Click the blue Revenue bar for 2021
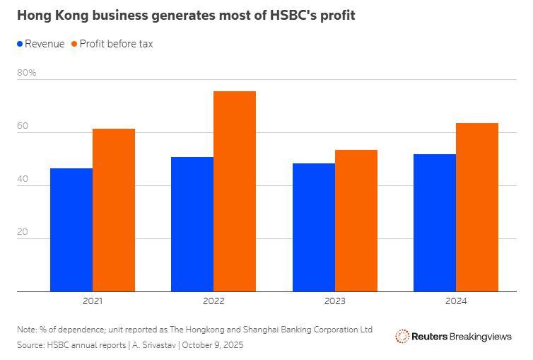[x=71, y=230]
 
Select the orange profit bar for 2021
[x=114, y=210]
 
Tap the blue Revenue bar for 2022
[x=192, y=224]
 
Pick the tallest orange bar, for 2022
[x=235, y=191]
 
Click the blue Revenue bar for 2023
[x=314, y=227]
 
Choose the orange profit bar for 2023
[x=356, y=221]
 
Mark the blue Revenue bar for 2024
[x=435, y=223]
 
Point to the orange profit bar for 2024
[x=477, y=207]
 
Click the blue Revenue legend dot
[x=20, y=44]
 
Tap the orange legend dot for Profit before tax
[x=74, y=44]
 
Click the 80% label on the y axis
[x=27, y=73]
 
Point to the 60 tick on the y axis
[x=23, y=126]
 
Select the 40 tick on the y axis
[x=23, y=179]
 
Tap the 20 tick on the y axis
[x=23, y=232]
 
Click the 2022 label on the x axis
[x=213, y=301]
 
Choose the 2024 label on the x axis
[x=456, y=301]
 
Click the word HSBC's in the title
[x=293, y=15]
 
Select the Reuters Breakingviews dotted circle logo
[x=402, y=337]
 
